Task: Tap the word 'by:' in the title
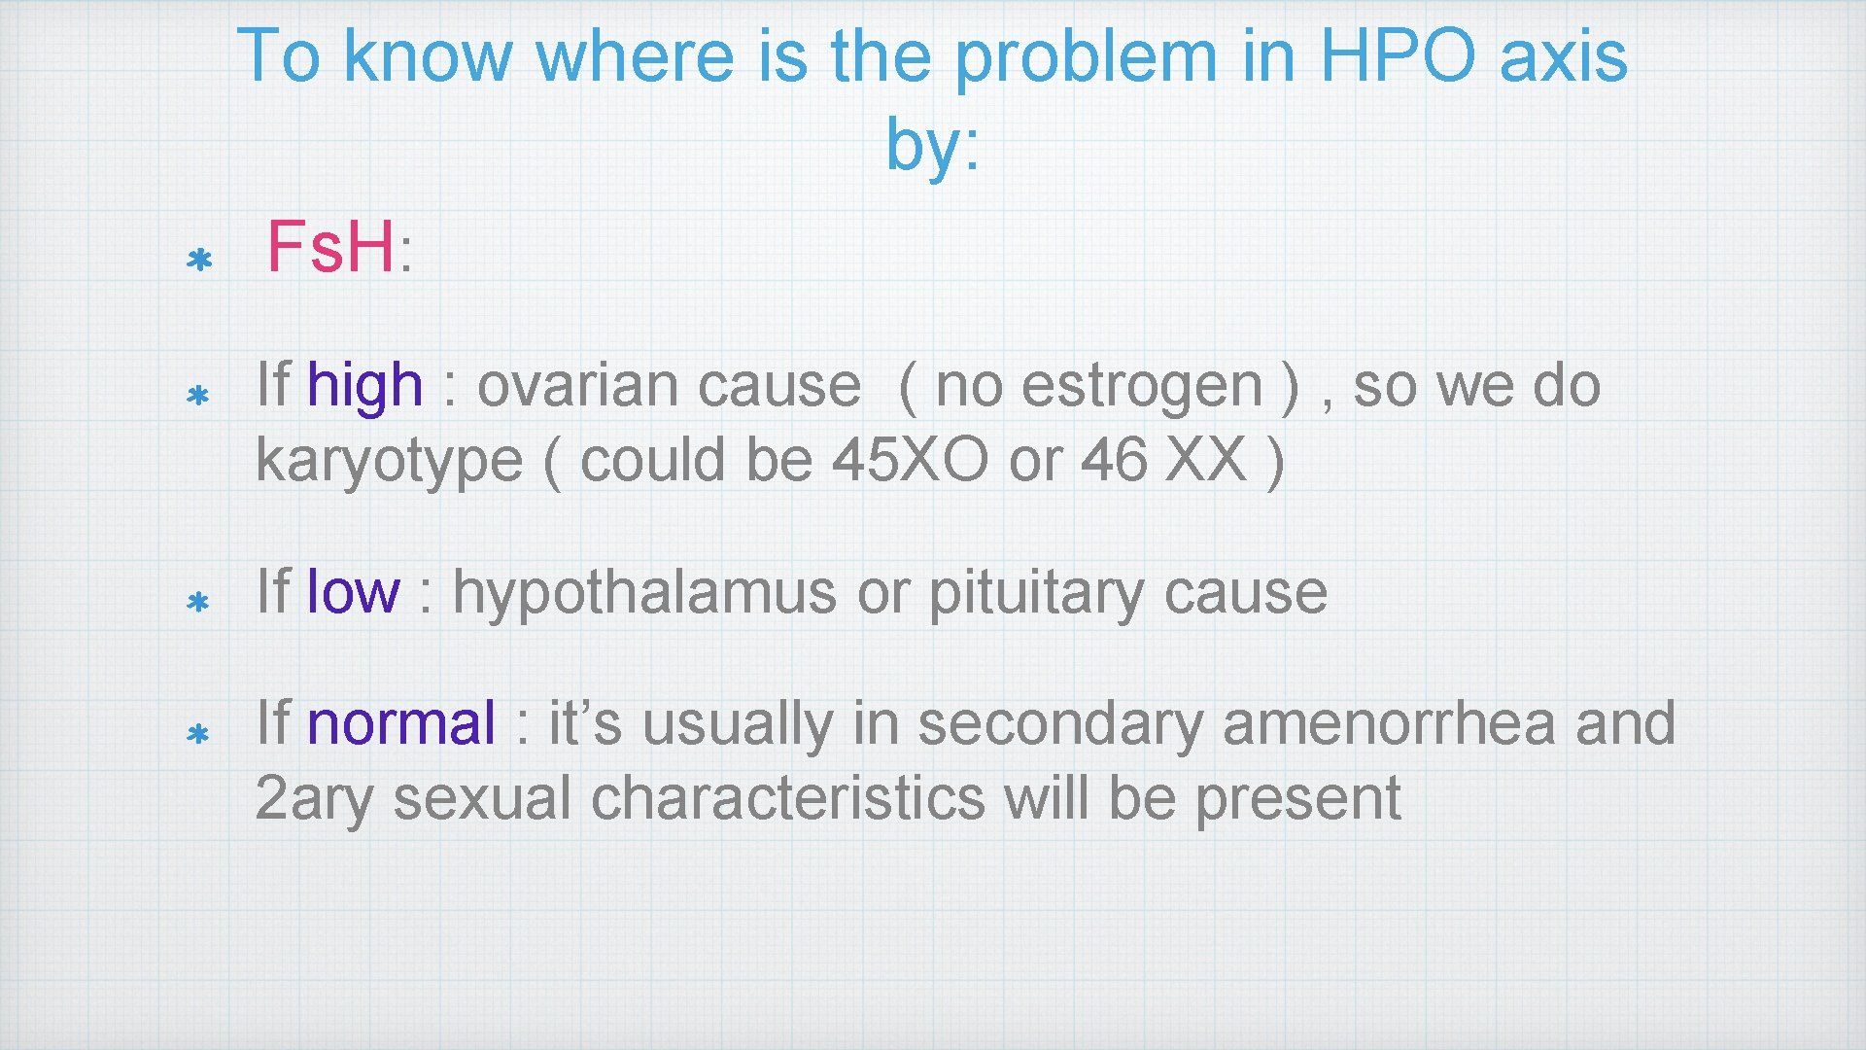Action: [x=932, y=146]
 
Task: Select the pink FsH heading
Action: [x=330, y=247]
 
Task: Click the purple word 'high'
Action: [x=364, y=386]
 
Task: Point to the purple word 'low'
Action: [x=352, y=592]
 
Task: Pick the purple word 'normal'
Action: [x=400, y=724]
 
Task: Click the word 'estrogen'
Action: [x=1142, y=386]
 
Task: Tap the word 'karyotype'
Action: [x=389, y=461]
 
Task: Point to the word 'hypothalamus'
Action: [x=643, y=592]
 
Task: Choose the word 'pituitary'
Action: [x=1035, y=592]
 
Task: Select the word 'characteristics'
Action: [x=787, y=799]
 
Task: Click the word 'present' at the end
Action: [x=1296, y=799]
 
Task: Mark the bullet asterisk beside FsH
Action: [x=199, y=261]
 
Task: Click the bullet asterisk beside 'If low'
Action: [x=198, y=603]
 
